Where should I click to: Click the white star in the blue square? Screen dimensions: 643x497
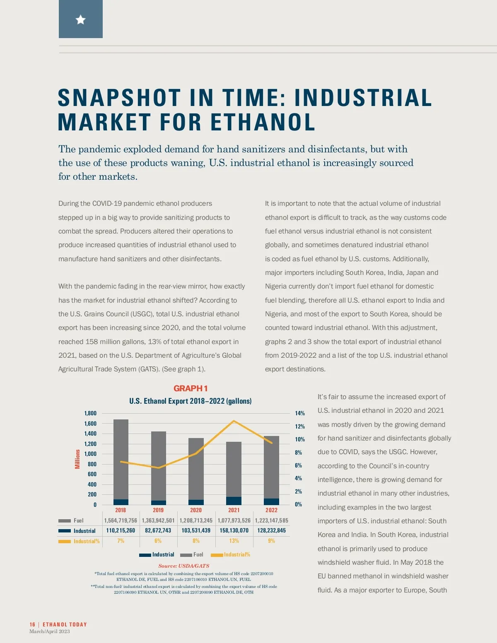(x=81, y=19)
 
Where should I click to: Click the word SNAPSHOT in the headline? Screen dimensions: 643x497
(x=119, y=98)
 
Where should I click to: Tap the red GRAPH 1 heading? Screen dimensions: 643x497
(x=191, y=388)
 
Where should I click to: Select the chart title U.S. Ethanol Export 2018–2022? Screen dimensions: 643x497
(x=190, y=401)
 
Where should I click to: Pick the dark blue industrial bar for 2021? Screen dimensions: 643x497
(x=234, y=501)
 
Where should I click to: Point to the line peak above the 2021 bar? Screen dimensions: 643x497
(x=234, y=421)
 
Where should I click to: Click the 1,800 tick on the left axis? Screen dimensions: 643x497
(x=90, y=413)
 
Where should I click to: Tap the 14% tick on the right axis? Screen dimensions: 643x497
(x=300, y=413)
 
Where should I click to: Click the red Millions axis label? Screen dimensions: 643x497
(x=77, y=459)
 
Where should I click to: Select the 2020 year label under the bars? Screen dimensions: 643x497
(x=196, y=510)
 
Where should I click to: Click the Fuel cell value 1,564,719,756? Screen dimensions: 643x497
(x=121, y=520)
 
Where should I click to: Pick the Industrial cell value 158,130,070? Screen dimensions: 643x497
(x=234, y=530)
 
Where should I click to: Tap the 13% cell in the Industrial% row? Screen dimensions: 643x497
(x=234, y=541)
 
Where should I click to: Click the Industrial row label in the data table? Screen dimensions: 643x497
(x=84, y=531)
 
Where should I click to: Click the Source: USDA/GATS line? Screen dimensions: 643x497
(x=183, y=566)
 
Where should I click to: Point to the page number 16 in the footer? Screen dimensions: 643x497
(x=32, y=624)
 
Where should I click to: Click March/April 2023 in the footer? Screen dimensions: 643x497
(x=50, y=631)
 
